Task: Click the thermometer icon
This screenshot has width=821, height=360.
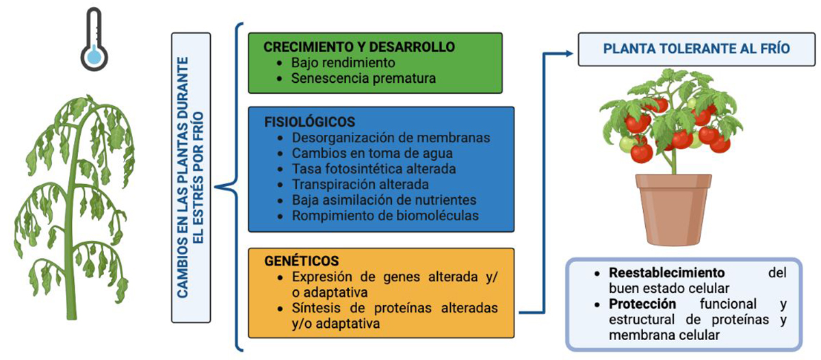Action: (94, 39)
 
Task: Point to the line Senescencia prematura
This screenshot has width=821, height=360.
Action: (363, 78)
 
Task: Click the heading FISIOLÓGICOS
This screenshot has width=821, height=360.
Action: (309, 122)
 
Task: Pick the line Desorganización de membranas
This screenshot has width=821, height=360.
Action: (391, 138)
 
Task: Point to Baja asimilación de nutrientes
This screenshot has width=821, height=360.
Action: (384, 201)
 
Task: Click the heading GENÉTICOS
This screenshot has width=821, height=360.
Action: (301, 262)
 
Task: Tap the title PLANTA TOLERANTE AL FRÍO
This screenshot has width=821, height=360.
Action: (697, 49)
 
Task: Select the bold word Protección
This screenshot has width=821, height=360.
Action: (642, 304)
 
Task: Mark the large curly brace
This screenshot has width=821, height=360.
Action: (231, 185)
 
